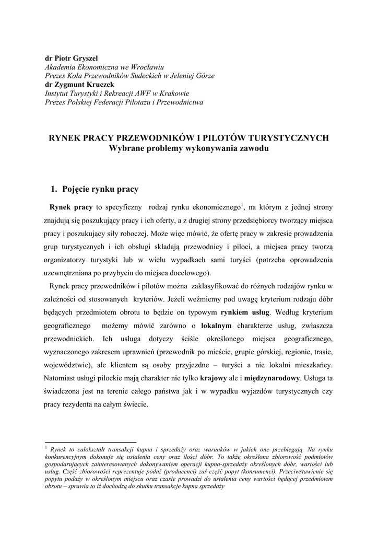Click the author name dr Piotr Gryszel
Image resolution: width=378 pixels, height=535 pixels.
click(x=70, y=59)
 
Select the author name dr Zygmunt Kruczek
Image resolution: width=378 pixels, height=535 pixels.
click(x=80, y=84)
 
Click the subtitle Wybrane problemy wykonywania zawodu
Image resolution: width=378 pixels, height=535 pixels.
click(x=189, y=148)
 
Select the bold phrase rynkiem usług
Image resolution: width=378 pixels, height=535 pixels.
click(x=245, y=313)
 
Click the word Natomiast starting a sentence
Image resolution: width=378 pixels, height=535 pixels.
click(x=63, y=378)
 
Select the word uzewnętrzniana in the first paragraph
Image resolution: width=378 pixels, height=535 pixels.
click(x=68, y=273)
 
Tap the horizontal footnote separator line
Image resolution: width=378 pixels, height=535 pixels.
click(x=90, y=441)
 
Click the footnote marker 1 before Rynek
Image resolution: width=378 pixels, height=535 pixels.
click(x=46, y=448)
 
